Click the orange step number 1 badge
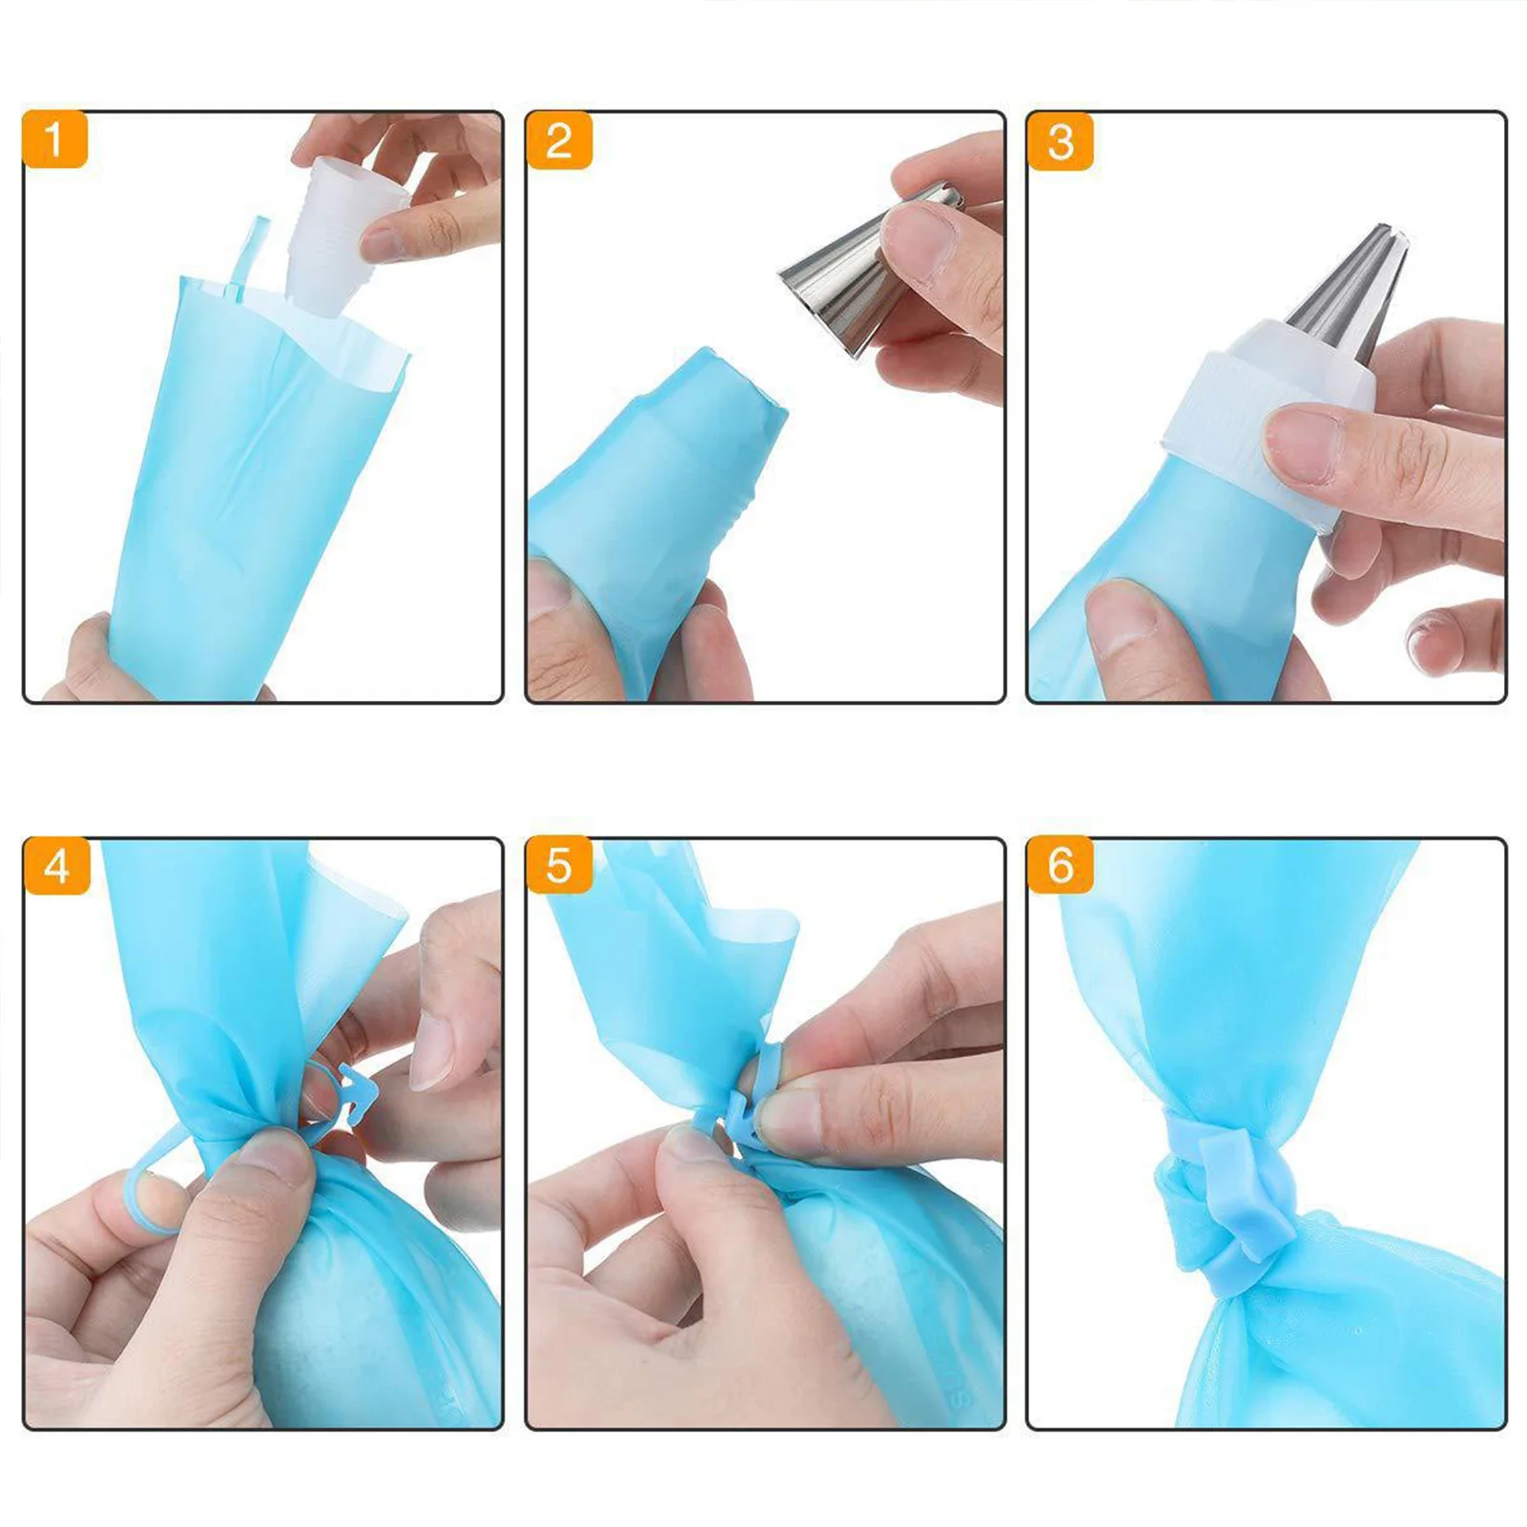[54, 140]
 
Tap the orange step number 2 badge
[558, 141]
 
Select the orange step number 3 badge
[1060, 142]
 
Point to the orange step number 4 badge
[56, 867]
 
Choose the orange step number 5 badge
[558, 866]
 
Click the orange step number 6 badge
[1060, 866]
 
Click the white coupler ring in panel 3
[1240, 420]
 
